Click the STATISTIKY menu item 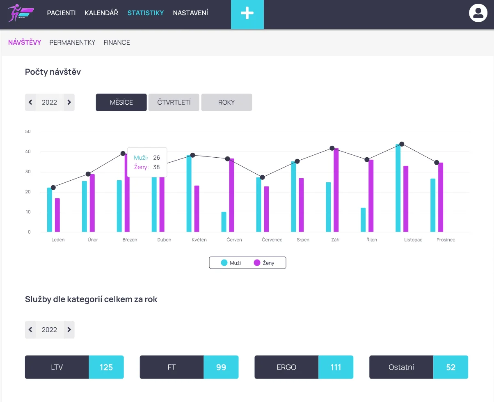(145, 13)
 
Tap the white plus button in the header (247, 14)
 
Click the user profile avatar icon (478, 13)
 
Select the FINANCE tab (117, 42)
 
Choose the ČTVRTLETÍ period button (174, 102)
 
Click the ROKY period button (226, 102)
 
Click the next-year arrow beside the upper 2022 (69, 102)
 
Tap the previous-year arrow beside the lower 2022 (30, 330)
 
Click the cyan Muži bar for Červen (224, 222)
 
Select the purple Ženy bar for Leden (57, 215)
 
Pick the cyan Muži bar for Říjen (363, 220)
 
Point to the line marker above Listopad (402, 144)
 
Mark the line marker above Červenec (263, 177)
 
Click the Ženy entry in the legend (264, 263)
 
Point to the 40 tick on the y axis (28, 152)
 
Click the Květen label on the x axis (199, 240)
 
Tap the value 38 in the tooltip (156, 167)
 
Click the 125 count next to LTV (106, 367)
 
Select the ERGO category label (286, 367)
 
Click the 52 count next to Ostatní (451, 367)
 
